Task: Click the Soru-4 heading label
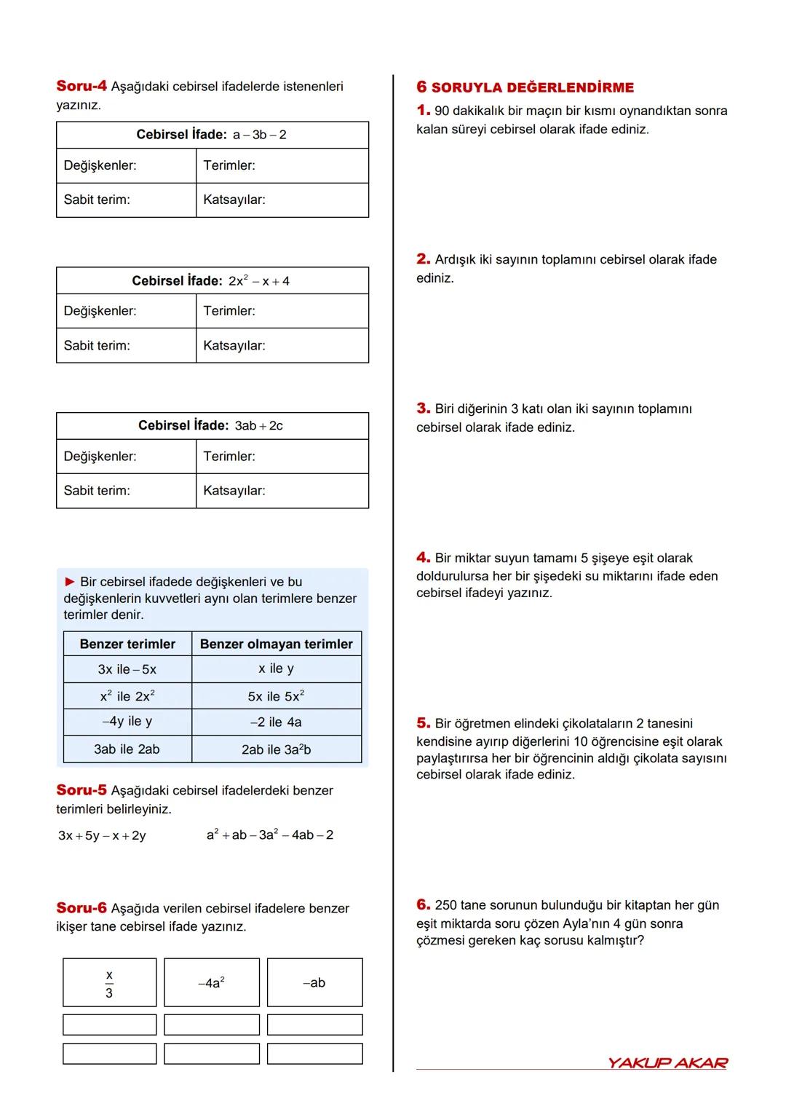click(x=82, y=86)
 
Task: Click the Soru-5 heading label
click(x=82, y=790)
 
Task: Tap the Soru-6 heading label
click(x=82, y=908)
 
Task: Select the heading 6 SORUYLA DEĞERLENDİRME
click(x=525, y=87)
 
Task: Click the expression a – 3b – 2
click(x=259, y=135)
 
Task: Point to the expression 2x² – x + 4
click(x=258, y=281)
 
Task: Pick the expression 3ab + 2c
click(x=258, y=426)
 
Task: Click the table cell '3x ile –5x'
click(x=127, y=669)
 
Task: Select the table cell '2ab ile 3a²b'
click(x=277, y=749)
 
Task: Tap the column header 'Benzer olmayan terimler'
click(x=277, y=644)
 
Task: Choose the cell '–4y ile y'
click(x=127, y=722)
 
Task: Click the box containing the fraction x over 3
click(x=109, y=983)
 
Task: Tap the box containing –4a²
click(x=211, y=983)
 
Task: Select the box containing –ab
click(x=314, y=983)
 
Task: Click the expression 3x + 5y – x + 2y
click(x=102, y=835)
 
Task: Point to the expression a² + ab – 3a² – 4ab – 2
click(x=270, y=835)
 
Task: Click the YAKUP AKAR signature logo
click(x=667, y=1062)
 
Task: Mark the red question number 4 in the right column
click(x=423, y=558)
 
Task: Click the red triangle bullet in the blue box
click(x=70, y=582)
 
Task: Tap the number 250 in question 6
click(x=448, y=905)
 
